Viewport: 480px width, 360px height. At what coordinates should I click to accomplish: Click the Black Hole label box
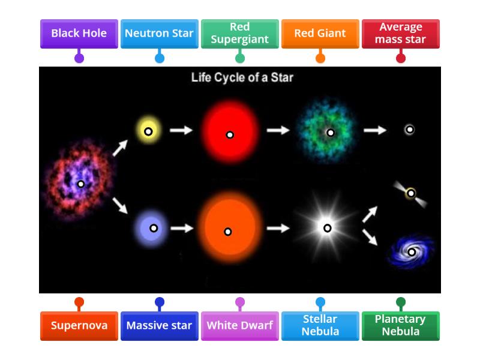click(79, 34)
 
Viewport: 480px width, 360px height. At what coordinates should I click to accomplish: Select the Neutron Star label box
click(159, 34)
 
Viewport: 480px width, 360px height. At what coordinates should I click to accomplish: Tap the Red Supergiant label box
click(239, 34)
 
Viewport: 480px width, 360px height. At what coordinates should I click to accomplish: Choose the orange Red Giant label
click(320, 34)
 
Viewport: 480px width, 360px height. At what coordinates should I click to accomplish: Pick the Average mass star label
click(400, 34)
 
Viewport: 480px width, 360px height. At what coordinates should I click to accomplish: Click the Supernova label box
click(79, 326)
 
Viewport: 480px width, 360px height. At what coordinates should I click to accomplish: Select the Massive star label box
click(159, 326)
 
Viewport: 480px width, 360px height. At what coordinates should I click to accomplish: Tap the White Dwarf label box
click(239, 326)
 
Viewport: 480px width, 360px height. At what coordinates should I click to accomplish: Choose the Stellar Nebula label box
click(320, 326)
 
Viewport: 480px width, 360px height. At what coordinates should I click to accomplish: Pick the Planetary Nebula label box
click(400, 326)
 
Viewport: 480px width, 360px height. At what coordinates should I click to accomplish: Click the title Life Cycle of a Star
click(242, 77)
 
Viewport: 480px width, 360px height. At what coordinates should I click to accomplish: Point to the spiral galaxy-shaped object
click(411, 251)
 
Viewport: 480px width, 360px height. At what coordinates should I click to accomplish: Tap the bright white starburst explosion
click(327, 228)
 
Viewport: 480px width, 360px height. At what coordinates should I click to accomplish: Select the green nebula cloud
click(329, 133)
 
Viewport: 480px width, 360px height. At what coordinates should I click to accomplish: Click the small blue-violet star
click(153, 228)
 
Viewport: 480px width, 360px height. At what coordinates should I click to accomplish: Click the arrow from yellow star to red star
click(181, 130)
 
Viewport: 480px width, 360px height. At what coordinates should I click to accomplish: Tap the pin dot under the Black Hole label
click(79, 58)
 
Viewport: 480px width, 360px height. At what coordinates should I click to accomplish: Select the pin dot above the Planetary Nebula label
click(400, 302)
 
